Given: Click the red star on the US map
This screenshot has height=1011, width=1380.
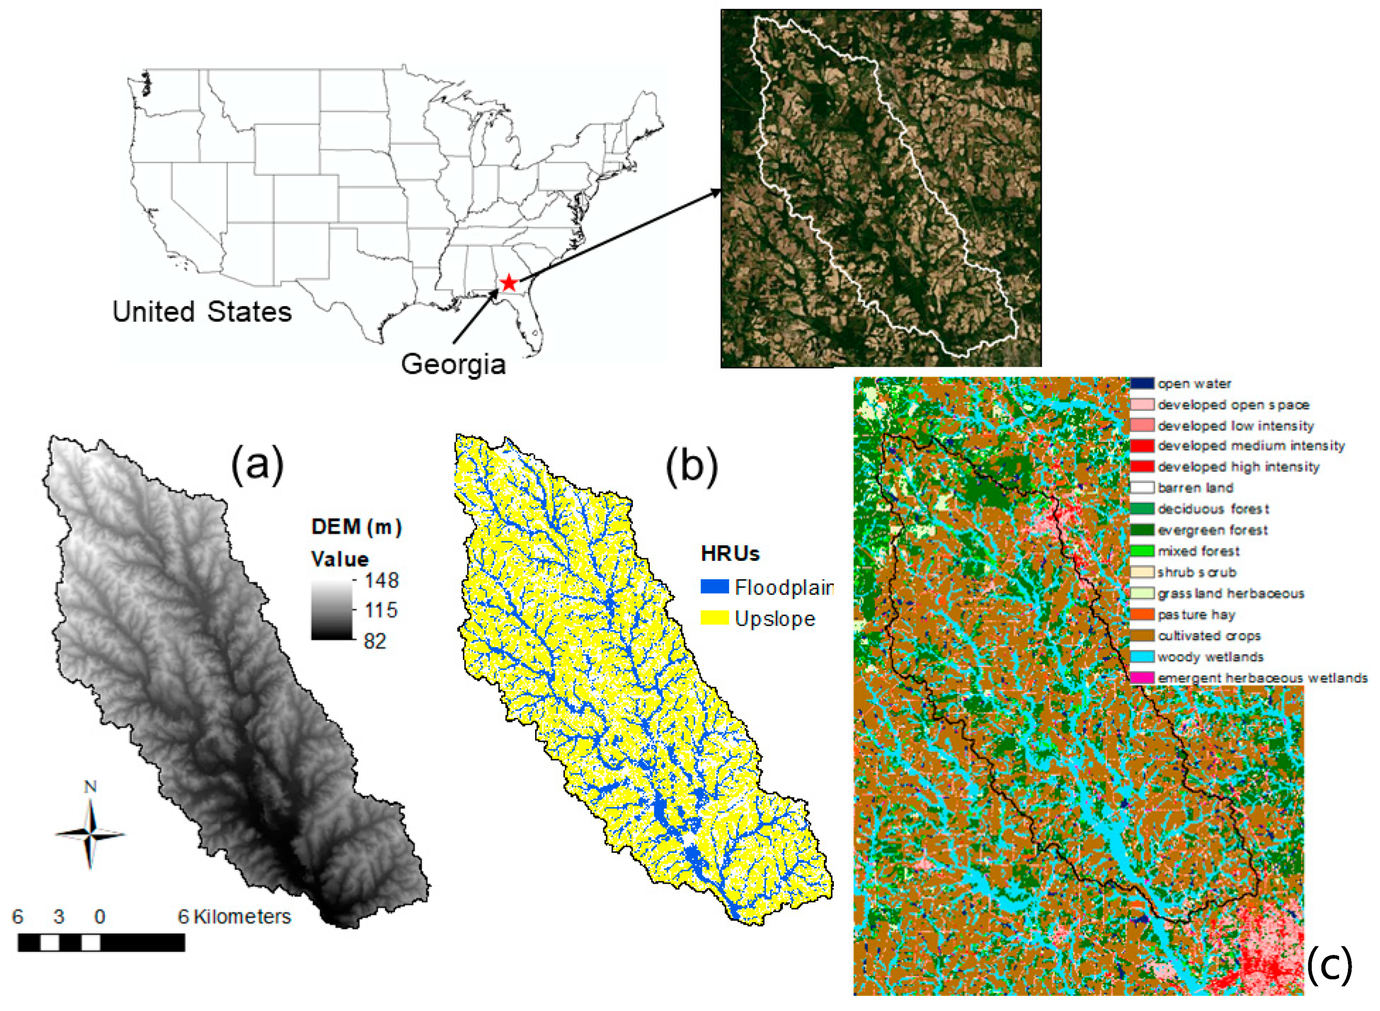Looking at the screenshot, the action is (508, 283).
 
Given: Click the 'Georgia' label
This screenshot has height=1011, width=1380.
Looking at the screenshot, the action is (454, 364).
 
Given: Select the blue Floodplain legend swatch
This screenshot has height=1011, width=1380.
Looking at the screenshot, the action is (714, 587).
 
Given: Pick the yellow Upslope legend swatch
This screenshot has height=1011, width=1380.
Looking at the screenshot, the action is (714, 618).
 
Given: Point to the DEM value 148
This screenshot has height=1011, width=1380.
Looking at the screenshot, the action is (381, 580).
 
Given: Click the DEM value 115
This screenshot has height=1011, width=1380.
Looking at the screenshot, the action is (381, 610).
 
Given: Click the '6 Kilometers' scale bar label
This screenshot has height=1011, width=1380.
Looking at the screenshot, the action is (234, 917).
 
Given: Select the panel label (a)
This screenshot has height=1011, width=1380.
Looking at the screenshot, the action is (257, 463).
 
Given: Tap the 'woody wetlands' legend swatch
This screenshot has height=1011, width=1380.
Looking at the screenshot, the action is (1142, 657).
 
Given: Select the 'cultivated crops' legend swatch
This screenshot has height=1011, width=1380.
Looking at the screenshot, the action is (1142, 636).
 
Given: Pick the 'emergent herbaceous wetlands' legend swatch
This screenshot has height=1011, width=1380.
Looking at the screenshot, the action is (1142, 678).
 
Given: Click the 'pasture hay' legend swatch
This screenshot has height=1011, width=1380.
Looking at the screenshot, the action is (1142, 614).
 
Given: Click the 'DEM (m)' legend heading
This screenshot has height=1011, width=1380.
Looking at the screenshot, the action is (356, 527).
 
